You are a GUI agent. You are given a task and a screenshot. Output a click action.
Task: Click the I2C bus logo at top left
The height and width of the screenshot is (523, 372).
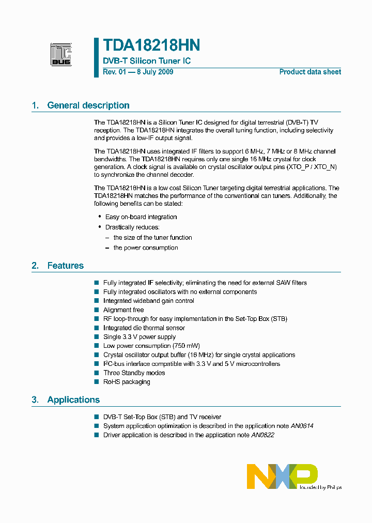pos(61,54)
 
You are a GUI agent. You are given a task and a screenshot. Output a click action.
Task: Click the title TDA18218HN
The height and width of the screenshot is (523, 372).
pos(151,45)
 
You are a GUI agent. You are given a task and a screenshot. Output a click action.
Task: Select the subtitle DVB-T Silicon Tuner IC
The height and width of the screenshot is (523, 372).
pos(147,61)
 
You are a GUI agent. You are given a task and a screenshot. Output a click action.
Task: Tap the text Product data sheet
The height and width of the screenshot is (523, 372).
pos(310,72)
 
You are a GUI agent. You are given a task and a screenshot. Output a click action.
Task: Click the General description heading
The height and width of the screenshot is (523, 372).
pos(88,105)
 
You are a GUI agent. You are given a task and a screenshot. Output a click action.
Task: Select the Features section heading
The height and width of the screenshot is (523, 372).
pos(65,266)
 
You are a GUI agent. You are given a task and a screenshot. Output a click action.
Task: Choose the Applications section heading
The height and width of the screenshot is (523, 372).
pos(73,400)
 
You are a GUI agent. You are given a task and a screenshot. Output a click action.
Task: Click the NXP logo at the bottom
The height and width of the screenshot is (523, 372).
pos(282,476)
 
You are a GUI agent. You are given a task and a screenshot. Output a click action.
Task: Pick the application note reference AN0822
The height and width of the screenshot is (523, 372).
pos(262,435)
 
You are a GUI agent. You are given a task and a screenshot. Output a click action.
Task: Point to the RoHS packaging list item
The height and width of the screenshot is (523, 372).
pos(127,382)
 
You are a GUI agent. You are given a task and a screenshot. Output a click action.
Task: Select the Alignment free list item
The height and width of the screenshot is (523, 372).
pos(124,310)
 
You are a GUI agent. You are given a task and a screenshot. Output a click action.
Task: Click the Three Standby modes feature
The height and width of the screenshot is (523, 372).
pos(134,373)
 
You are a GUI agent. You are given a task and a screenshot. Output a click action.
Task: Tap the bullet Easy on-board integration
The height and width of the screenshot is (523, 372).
pos(141,217)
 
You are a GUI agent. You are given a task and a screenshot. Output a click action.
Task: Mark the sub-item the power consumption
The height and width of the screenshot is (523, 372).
pos(146,248)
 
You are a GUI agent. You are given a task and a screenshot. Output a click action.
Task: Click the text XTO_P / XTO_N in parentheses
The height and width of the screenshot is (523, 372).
pos(312,166)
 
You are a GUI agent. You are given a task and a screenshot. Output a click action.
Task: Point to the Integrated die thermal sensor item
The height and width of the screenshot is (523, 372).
pos(144,328)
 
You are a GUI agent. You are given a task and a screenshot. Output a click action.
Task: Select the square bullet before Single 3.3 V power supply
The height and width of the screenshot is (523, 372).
pos(96,337)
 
